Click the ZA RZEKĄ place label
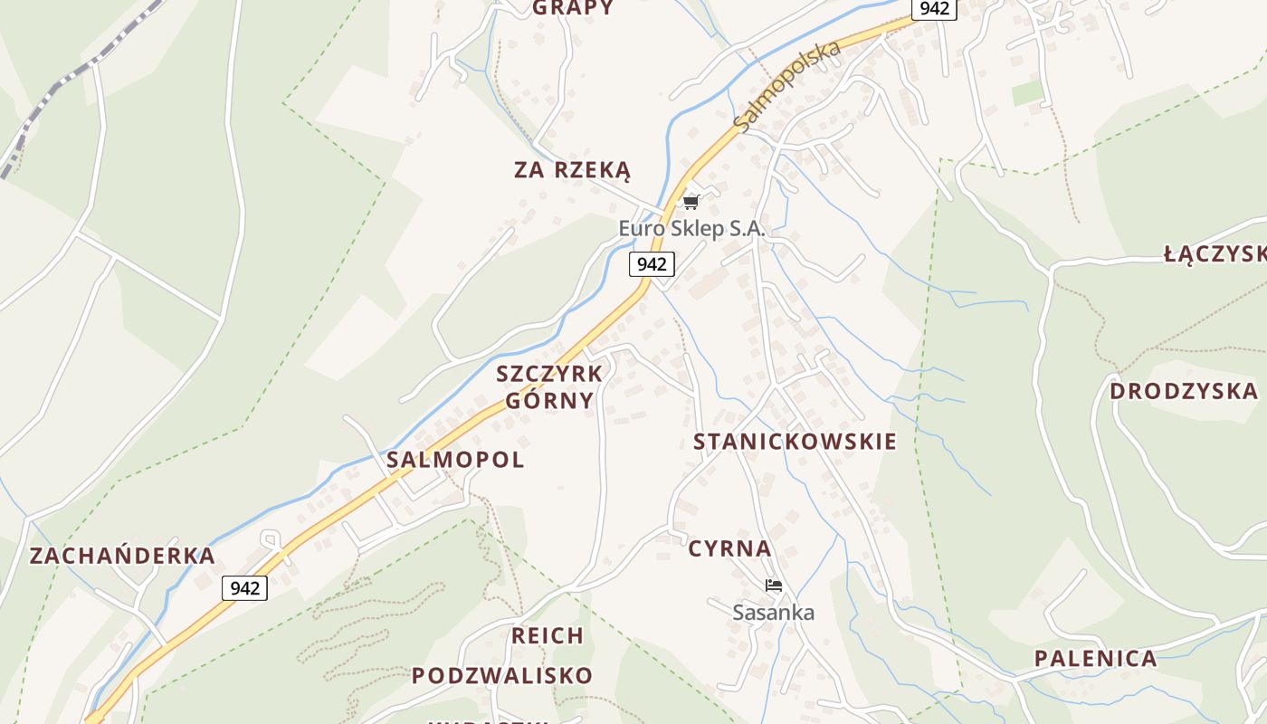(x=572, y=170)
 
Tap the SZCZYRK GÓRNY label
(x=549, y=387)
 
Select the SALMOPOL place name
(x=455, y=460)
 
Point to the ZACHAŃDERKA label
(x=122, y=556)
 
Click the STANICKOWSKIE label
(x=795, y=442)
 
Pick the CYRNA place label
(x=729, y=548)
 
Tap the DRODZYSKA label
(x=1184, y=392)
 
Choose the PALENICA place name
(x=1096, y=659)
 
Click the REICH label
(x=548, y=636)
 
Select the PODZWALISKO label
(x=502, y=676)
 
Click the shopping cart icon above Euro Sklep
(x=691, y=202)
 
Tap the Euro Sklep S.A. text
(x=692, y=229)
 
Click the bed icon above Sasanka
(x=773, y=586)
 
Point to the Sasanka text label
(x=773, y=613)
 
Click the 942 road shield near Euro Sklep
(x=652, y=264)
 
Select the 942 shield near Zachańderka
(x=244, y=588)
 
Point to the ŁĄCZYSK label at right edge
(x=1215, y=254)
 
